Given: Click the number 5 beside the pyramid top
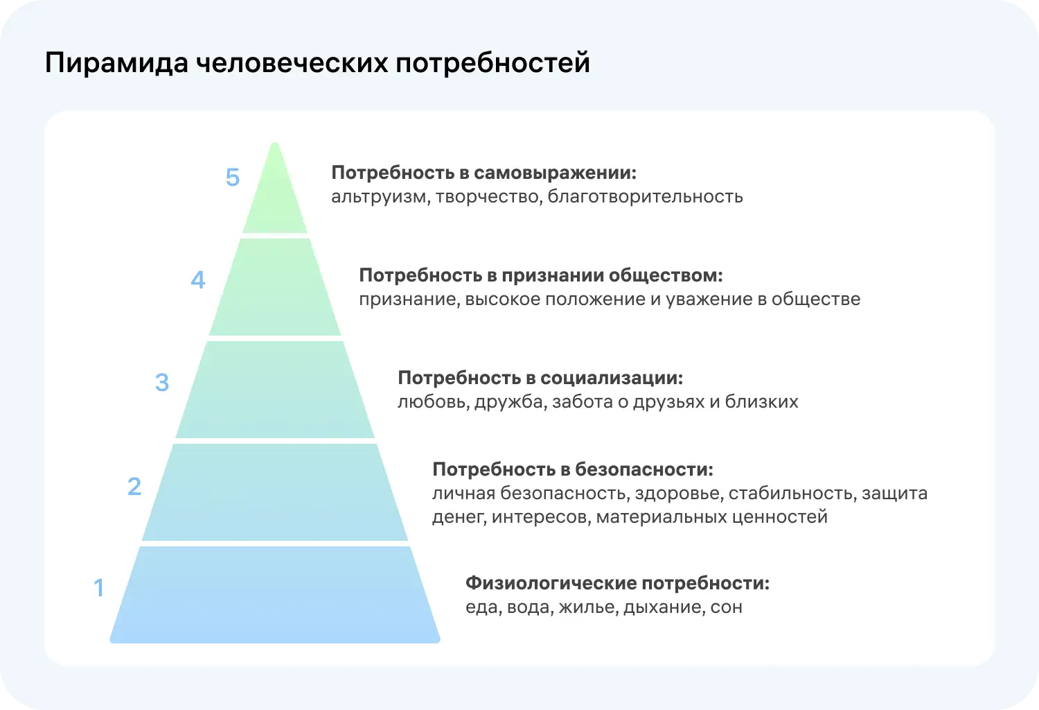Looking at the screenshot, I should coord(233,177).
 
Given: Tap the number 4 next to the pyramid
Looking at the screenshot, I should coord(198,280).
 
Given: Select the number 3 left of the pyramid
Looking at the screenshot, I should coord(162,383).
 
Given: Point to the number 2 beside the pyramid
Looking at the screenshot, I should coord(134,487).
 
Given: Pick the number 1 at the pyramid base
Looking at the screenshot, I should coord(99,588).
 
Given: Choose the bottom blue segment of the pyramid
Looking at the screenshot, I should coord(275,595).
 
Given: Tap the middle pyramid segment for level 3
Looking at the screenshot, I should coord(275,390).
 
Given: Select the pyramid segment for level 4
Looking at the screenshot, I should coord(275,287).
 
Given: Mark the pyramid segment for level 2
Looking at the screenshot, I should coord(275,492).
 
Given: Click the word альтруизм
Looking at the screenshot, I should coord(378,197).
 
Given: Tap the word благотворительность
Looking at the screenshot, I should coord(645,197).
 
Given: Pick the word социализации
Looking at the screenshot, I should coord(612,378).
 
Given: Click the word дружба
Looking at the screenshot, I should coord(508,402).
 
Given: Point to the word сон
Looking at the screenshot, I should coord(726,607).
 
